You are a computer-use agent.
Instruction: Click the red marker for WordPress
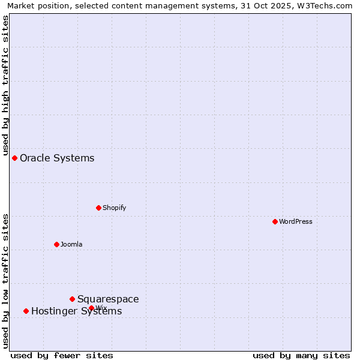pos(275,221)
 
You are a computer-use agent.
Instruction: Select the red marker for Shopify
pos(98,208)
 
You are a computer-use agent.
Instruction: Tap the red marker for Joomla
pos(56,244)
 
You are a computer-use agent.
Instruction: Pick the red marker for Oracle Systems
pos(14,158)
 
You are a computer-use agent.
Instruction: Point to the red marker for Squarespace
pos(72,299)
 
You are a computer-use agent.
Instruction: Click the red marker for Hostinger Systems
pos(26,311)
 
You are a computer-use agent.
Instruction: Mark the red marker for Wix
pos(91,308)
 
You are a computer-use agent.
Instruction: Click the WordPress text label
pos(296,221)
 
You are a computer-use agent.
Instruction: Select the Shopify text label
pos(114,208)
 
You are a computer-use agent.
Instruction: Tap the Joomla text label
pos(71,244)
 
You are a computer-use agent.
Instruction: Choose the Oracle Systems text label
pos(57,158)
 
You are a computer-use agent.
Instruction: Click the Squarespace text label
pos(108,299)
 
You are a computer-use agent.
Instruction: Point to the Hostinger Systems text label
pos(76,311)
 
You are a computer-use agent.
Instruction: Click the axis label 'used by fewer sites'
pos(62,355)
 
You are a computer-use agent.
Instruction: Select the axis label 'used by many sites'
pos(301,355)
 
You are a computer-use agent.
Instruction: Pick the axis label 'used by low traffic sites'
pos(5,281)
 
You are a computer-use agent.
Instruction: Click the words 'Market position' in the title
pos(34,5)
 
